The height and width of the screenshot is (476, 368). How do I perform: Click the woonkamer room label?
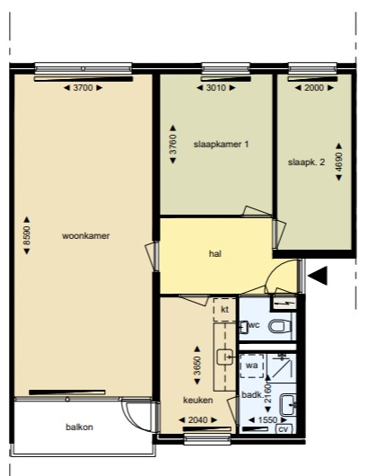(86, 236)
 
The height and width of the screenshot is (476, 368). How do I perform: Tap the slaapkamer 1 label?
(221, 144)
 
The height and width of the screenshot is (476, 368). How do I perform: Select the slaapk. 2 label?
(306, 162)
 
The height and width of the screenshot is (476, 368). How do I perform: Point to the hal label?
(215, 253)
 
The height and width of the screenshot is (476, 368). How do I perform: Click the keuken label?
(197, 400)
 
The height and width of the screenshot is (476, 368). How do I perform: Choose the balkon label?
(80, 428)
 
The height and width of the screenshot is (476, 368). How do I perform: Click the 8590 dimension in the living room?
(27, 235)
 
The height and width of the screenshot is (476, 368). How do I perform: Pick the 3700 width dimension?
(83, 88)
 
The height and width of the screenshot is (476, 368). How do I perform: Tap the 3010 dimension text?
(216, 88)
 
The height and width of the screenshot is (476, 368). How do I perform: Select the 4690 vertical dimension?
(339, 162)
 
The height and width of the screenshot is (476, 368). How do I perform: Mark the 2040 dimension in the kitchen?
(198, 419)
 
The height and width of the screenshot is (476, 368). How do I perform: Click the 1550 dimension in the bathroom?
(267, 419)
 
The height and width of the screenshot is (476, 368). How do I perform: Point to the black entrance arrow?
(318, 276)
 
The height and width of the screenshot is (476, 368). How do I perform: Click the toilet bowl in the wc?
(280, 326)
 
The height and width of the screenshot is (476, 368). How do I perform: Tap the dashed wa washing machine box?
(252, 366)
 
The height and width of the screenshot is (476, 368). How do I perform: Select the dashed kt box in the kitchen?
(224, 310)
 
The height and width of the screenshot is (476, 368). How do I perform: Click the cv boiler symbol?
(284, 429)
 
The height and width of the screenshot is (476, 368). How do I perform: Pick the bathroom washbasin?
(287, 405)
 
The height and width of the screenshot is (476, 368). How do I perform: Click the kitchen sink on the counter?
(224, 357)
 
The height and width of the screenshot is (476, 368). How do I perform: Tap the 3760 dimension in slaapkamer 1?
(172, 145)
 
